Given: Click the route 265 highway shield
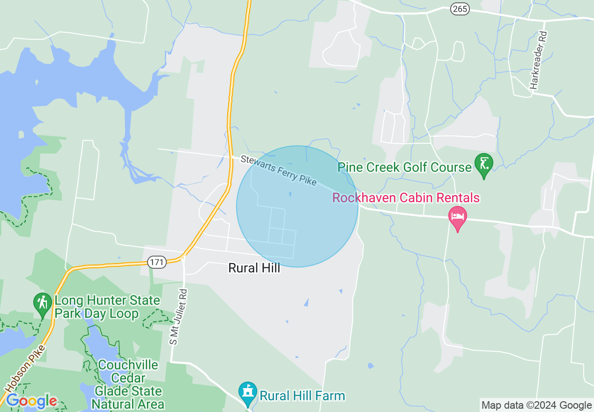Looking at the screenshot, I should pyautogui.click(x=460, y=8).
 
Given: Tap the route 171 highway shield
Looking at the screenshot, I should pyautogui.click(x=157, y=262).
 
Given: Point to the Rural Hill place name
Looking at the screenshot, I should pyautogui.click(x=254, y=268).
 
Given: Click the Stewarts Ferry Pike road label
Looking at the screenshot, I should pyautogui.click(x=278, y=170).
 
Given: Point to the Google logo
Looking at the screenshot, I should pyautogui.click(x=31, y=401).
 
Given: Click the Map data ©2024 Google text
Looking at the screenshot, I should pyautogui.click(x=537, y=405).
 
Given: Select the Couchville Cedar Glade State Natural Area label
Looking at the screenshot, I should pyautogui.click(x=128, y=384).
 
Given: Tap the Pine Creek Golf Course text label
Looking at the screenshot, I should pyautogui.click(x=405, y=167).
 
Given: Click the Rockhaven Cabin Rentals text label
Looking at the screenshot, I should pyautogui.click(x=406, y=198).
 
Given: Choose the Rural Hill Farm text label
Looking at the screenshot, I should pyautogui.click(x=302, y=396).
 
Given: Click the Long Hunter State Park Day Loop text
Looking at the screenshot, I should pyautogui.click(x=107, y=307).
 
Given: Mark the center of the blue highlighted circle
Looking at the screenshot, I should pyautogui.click(x=297, y=206).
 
